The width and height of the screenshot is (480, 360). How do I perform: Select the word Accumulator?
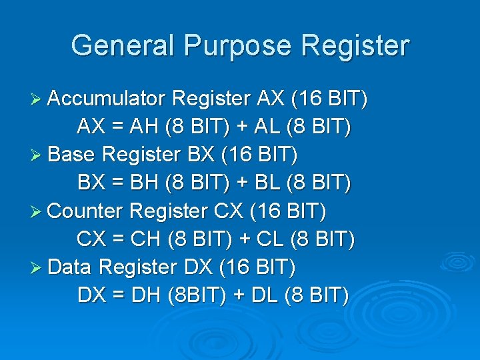(107, 99)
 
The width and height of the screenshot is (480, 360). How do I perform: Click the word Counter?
(86, 211)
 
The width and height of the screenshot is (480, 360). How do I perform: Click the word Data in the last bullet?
(71, 267)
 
